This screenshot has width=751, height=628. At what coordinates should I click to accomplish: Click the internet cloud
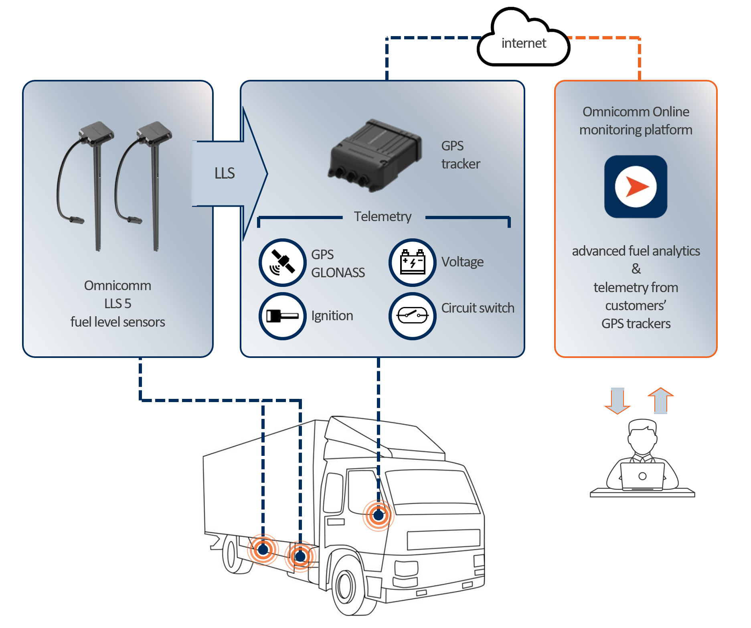523,38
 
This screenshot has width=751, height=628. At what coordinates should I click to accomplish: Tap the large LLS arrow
229,173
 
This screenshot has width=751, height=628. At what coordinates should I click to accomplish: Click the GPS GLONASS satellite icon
283,262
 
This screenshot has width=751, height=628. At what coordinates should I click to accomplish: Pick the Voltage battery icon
413,262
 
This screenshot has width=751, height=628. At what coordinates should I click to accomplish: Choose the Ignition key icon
283,316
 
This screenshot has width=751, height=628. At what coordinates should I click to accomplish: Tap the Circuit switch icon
413,316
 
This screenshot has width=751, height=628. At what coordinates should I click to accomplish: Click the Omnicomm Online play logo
636,187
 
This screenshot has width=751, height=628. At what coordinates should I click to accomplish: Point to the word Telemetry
383,217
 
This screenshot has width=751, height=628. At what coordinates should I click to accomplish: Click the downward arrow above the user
617,400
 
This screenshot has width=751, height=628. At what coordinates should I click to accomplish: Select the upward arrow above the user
661,400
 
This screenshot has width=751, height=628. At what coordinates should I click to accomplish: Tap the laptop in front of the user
642,476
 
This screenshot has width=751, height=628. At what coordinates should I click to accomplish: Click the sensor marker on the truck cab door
379,515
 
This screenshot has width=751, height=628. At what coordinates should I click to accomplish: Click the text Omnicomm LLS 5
118,295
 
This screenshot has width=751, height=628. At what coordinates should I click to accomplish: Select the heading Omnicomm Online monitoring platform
636,121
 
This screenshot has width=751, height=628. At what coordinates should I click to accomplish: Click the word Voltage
462,262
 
